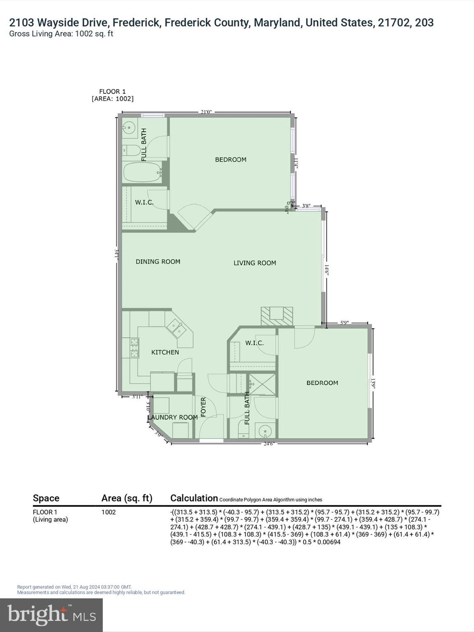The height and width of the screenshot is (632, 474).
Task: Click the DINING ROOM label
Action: click(158, 262)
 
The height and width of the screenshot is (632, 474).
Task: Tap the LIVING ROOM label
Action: click(255, 263)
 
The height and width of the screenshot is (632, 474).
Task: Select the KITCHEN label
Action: click(165, 352)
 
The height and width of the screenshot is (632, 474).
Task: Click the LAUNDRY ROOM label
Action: click(173, 417)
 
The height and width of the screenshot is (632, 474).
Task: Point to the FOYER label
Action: click(203, 407)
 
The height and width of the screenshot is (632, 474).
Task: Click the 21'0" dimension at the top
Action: click(206, 112)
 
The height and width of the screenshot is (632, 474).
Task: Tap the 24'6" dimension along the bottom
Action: click(269, 444)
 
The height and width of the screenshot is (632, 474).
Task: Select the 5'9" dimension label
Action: click(344, 323)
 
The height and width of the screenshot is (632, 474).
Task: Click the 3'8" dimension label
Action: click(306, 206)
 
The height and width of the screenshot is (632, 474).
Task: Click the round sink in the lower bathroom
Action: click(266, 432)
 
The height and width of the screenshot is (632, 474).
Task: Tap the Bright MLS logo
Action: click(51, 615)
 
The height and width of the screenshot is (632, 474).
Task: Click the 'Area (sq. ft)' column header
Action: click(127, 498)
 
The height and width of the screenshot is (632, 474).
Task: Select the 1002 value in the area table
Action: click(109, 512)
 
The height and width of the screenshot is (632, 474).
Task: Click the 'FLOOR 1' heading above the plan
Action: click(112, 91)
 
